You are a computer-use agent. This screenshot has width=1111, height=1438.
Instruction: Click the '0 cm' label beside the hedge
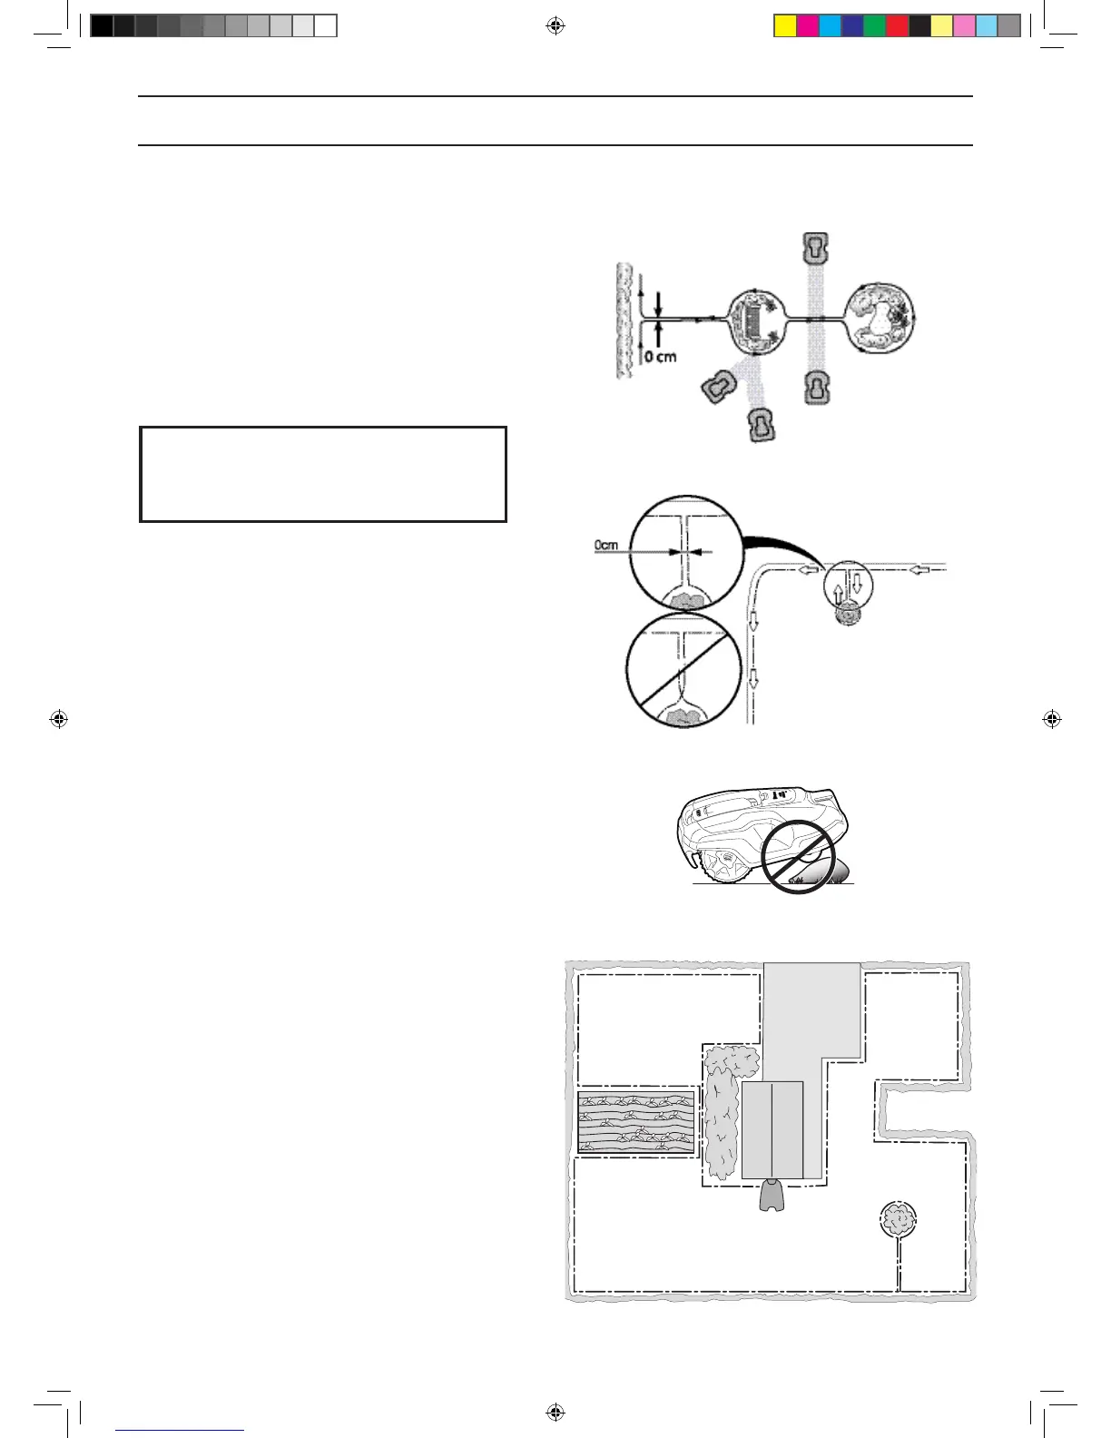(661, 357)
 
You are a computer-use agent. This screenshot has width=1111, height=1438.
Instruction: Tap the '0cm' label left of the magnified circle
(606, 546)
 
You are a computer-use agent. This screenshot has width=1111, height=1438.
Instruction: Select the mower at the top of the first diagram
(817, 247)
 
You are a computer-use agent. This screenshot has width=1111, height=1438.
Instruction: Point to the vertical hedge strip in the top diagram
(623, 320)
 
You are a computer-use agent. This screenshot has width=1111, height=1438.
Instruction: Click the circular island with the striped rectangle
(756, 322)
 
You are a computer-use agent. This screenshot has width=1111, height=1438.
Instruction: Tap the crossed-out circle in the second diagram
(678, 670)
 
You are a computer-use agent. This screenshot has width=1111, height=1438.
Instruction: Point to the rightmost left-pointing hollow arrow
(920, 570)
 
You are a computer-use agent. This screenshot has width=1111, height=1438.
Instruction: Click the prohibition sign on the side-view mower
(798, 858)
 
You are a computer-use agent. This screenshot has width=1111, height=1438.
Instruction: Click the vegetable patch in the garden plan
(636, 1122)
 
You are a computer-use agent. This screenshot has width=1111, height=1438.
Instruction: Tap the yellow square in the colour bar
(785, 26)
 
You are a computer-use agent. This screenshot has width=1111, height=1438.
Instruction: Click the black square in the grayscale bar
(102, 26)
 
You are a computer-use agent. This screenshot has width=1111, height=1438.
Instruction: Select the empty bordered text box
(323, 474)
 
